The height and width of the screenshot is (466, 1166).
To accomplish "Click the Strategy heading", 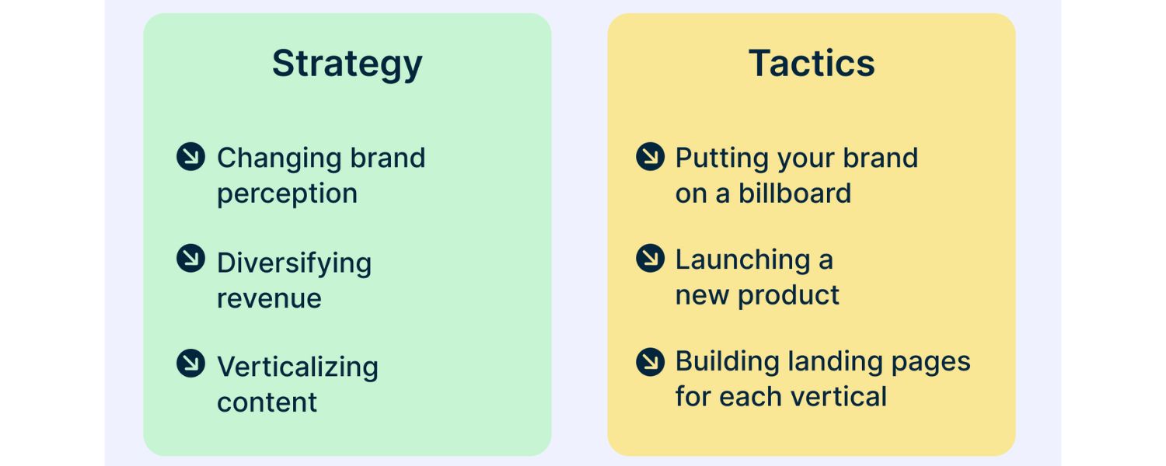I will point(347,64).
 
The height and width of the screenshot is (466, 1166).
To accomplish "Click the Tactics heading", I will point(812,64).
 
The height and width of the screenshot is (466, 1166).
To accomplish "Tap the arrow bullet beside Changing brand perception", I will point(190,157).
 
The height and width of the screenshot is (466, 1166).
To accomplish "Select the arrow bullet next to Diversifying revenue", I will point(190,259).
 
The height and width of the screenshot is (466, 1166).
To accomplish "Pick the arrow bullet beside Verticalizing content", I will point(190,363).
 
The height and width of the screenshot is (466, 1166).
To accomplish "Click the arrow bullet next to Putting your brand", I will point(650,157).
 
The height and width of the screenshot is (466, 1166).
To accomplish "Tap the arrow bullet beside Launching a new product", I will point(650,258).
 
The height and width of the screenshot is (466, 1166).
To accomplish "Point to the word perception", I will point(287,194).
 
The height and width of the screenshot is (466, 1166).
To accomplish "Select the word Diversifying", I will point(294,263).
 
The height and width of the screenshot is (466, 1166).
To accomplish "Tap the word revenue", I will point(269,298).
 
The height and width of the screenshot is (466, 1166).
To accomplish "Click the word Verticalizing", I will point(298,367).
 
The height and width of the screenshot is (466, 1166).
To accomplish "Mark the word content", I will point(267,402).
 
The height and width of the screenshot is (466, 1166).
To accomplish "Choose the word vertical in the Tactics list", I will point(840,397).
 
